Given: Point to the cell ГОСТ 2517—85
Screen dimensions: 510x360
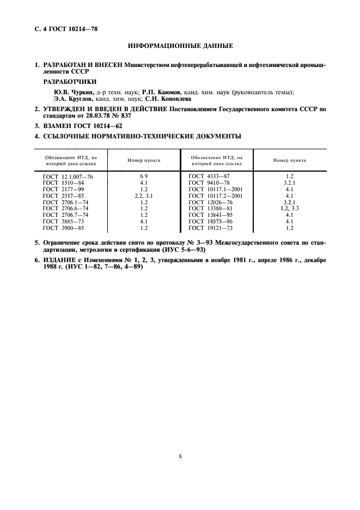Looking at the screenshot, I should pos(64,196).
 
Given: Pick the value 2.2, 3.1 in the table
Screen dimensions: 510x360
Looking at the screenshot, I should pos(144,196).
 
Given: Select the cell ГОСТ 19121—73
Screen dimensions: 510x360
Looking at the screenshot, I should pos(210,228).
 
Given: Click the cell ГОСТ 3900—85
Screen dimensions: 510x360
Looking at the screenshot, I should pos(64,228).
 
